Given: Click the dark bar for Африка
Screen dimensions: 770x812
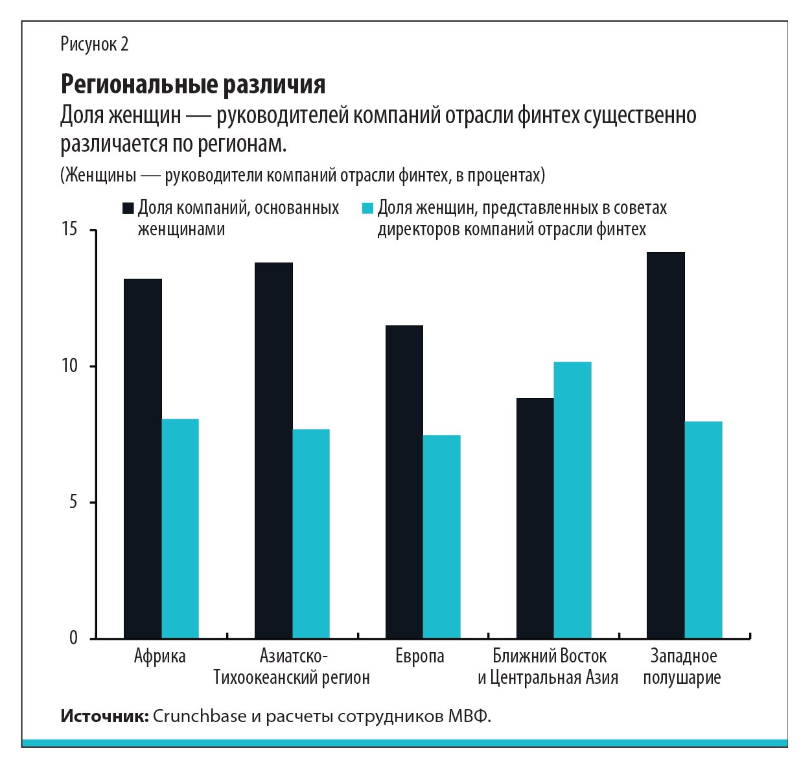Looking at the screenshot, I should (x=143, y=458).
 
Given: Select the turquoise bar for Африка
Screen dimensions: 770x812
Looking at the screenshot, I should (x=180, y=528).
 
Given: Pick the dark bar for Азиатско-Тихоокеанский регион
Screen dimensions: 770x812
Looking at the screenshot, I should (x=273, y=450).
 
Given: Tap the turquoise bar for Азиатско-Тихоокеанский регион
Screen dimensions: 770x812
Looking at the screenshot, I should (x=311, y=533).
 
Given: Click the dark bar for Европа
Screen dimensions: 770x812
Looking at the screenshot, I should (x=404, y=482).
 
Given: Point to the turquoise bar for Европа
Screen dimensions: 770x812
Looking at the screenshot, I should (x=441, y=536).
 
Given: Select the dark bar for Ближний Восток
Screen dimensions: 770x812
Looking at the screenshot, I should (x=535, y=518).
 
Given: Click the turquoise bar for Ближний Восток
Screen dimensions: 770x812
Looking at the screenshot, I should (x=572, y=500).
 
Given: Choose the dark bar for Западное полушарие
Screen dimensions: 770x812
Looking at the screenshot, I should (x=666, y=445).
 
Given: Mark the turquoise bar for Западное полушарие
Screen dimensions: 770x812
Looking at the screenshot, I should (x=703, y=530).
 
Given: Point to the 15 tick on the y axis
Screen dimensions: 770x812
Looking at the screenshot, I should (x=69, y=230).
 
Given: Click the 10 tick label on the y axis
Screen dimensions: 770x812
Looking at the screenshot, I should (x=69, y=366).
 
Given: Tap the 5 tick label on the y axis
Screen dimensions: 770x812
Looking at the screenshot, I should (x=73, y=502).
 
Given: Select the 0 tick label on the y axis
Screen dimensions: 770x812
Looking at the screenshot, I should (x=73, y=638).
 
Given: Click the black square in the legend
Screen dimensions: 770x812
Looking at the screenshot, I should (x=128, y=209).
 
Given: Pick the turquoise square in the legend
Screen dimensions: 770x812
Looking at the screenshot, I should (x=367, y=209).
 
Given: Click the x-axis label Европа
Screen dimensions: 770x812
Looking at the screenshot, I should (x=419, y=656).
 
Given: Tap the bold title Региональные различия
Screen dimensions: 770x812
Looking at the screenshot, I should (x=193, y=84).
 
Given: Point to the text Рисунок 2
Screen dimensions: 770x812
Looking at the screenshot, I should (x=95, y=44).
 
